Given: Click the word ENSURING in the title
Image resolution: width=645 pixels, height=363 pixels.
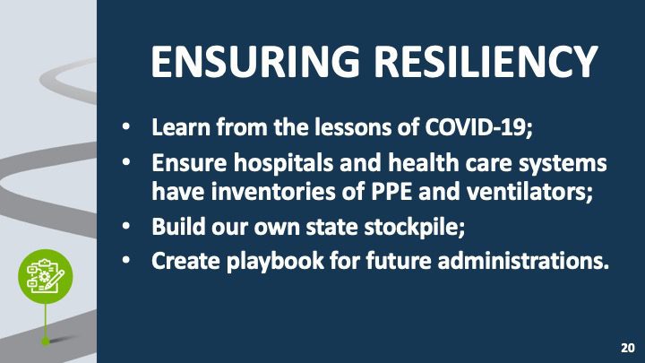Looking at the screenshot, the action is tap(255, 62).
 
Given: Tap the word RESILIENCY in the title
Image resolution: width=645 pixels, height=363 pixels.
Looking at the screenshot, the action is tap(486, 62).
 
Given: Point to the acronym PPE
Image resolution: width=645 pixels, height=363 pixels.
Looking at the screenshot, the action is tap(391, 192).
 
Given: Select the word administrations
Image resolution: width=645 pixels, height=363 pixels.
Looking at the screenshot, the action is tap(523, 261).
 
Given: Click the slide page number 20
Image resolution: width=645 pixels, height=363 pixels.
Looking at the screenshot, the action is tap(628, 348).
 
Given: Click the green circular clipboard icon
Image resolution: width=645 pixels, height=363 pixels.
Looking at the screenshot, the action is tap(46, 277).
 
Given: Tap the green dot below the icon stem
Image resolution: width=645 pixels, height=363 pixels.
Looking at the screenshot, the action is tap(46, 341).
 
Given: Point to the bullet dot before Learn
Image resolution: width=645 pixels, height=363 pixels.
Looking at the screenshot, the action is tap(126, 126).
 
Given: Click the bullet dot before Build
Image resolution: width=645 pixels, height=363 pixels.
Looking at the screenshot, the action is tap(126, 226).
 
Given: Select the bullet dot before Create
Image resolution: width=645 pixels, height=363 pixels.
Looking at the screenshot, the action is tap(126, 260).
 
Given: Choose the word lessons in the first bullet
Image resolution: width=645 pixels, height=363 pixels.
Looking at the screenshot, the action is tap(353, 127).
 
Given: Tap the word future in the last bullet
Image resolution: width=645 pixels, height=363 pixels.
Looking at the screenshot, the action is tap(398, 261).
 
